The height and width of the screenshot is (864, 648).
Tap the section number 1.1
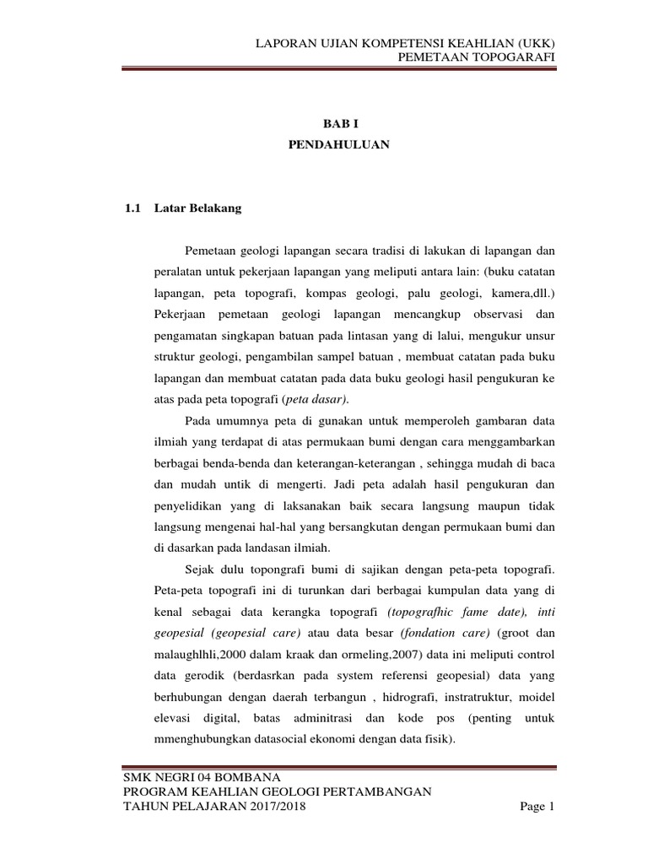(131, 209)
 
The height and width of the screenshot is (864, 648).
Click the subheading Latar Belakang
(198, 209)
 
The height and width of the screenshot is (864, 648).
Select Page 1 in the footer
(537, 807)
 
